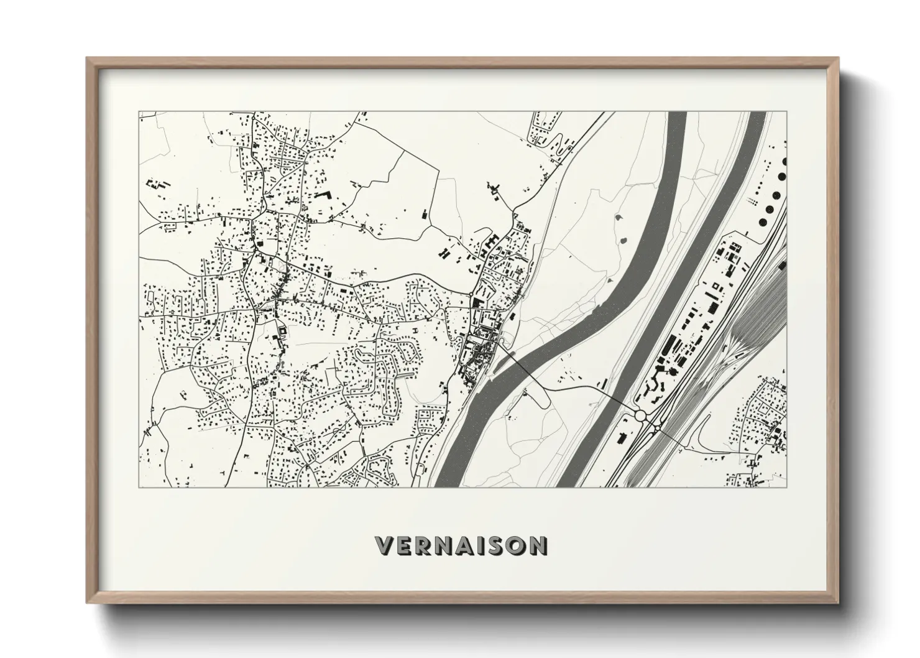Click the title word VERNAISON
click(x=461, y=545)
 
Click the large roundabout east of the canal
click(x=640, y=415)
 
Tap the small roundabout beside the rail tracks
click(x=656, y=427)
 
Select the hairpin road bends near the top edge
click(x=558, y=148)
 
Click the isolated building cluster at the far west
click(x=157, y=185)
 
